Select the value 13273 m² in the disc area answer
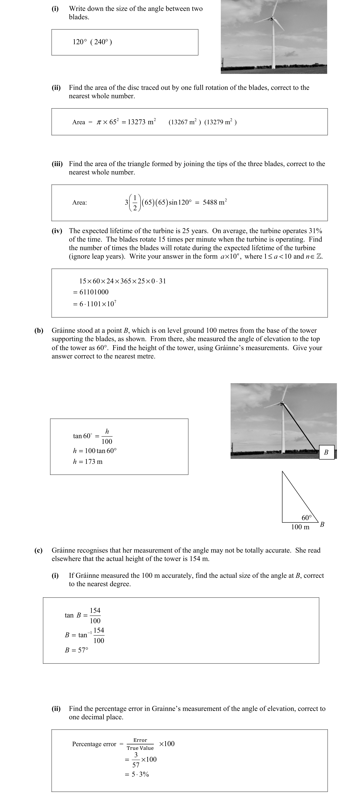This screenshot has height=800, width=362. (x=142, y=122)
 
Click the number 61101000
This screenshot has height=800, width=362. (x=94, y=292)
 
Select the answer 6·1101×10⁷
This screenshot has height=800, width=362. (x=98, y=304)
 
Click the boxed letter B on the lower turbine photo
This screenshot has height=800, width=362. (x=326, y=452)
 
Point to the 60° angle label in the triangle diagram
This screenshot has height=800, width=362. (x=306, y=518)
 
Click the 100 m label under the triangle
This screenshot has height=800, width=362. (x=300, y=527)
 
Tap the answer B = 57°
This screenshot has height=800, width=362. (x=76, y=650)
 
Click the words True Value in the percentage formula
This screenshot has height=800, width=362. (x=140, y=748)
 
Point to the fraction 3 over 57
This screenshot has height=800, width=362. (x=136, y=760)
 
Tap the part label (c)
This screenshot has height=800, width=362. (x=38, y=550)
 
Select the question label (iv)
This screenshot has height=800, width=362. (x=57, y=231)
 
